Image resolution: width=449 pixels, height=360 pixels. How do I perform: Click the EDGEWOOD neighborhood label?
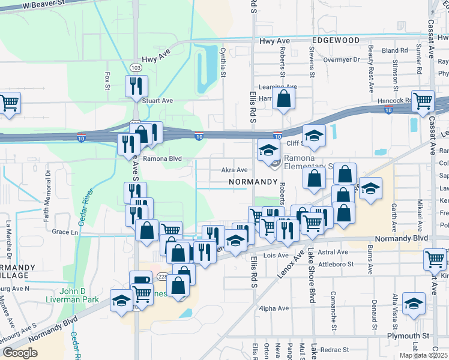[x=336, y=40]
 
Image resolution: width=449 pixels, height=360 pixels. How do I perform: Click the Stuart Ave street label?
[x=158, y=101]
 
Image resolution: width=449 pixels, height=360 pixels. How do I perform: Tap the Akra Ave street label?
[x=235, y=170]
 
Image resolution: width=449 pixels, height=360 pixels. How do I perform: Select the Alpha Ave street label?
[x=274, y=308]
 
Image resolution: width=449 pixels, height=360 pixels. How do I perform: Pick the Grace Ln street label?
[x=65, y=231]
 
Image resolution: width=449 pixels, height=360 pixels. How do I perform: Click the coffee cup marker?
[x=141, y=280]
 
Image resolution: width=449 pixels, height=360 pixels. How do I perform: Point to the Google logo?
[x=20, y=353]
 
